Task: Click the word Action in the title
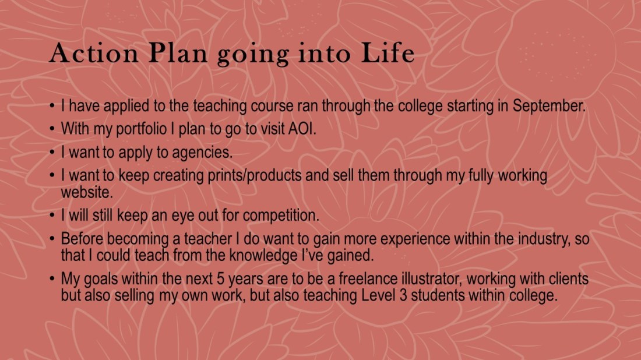[x=93, y=54]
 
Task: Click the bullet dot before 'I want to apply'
[x=52, y=153]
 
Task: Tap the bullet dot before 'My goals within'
[x=52, y=280]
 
